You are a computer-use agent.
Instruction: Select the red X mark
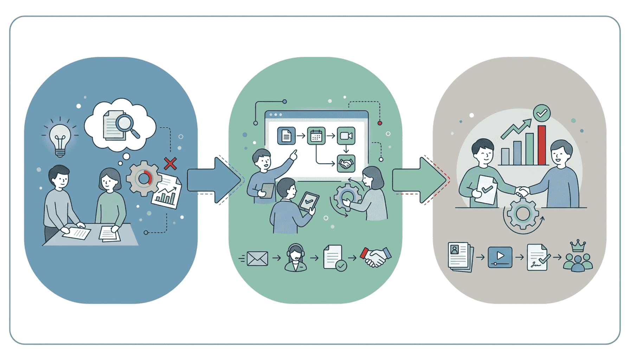(170, 163)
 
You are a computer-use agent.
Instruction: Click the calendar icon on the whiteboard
(316, 136)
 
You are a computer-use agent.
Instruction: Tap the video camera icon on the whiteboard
(346, 136)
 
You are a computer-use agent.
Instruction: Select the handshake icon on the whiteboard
(346, 163)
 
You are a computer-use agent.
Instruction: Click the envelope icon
(257, 259)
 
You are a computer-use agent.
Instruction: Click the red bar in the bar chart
(542, 145)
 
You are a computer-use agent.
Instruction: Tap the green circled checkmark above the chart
(542, 113)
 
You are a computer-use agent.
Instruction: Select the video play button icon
(500, 257)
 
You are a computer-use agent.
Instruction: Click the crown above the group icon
(578, 246)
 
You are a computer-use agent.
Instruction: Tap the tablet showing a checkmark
(308, 202)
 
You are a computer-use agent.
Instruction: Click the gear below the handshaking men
(523, 214)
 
